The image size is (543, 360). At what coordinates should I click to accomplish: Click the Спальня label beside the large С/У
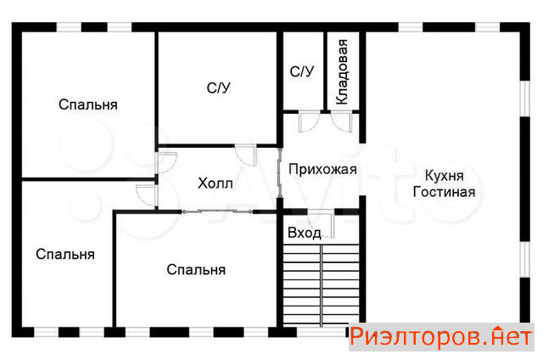click(88, 104)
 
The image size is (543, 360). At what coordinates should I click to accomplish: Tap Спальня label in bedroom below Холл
click(196, 269)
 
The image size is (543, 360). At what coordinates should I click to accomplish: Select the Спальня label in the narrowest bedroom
click(65, 255)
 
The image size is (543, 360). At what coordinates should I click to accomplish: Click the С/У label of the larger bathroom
click(218, 88)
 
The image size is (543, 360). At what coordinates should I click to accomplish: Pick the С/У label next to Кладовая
click(302, 71)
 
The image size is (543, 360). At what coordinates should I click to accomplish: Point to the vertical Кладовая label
click(342, 72)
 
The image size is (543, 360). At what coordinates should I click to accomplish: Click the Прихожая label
click(322, 170)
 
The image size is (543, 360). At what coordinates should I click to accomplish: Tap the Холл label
click(215, 183)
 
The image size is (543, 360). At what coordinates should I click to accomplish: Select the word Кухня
click(445, 176)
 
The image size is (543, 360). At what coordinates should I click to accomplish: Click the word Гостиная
click(445, 192)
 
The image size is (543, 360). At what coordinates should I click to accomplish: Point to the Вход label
click(305, 233)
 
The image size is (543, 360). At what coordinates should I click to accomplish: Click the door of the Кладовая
click(342, 121)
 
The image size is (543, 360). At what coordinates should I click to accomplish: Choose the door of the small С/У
click(309, 121)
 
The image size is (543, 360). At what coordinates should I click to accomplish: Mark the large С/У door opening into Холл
click(246, 155)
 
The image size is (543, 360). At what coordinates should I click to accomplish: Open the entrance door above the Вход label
click(322, 223)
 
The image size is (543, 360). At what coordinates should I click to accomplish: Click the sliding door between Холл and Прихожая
click(280, 173)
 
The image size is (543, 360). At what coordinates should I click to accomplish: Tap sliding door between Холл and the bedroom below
click(217, 211)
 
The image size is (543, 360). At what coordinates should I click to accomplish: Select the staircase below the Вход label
click(322, 284)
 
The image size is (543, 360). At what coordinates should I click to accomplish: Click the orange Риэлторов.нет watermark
click(441, 337)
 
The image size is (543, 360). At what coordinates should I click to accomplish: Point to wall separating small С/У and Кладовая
click(326, 71)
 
